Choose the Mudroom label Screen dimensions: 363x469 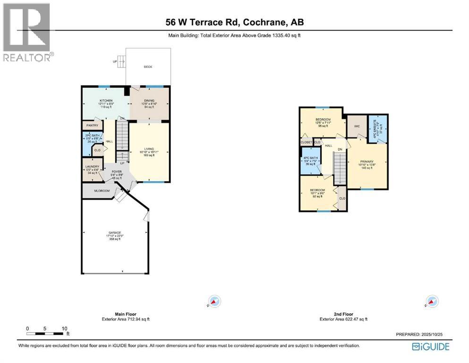pos(102,190)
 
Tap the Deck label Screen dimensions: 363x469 pos(148,67)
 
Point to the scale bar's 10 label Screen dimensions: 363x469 pos(65,328)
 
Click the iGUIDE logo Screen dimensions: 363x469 pos(431,347)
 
